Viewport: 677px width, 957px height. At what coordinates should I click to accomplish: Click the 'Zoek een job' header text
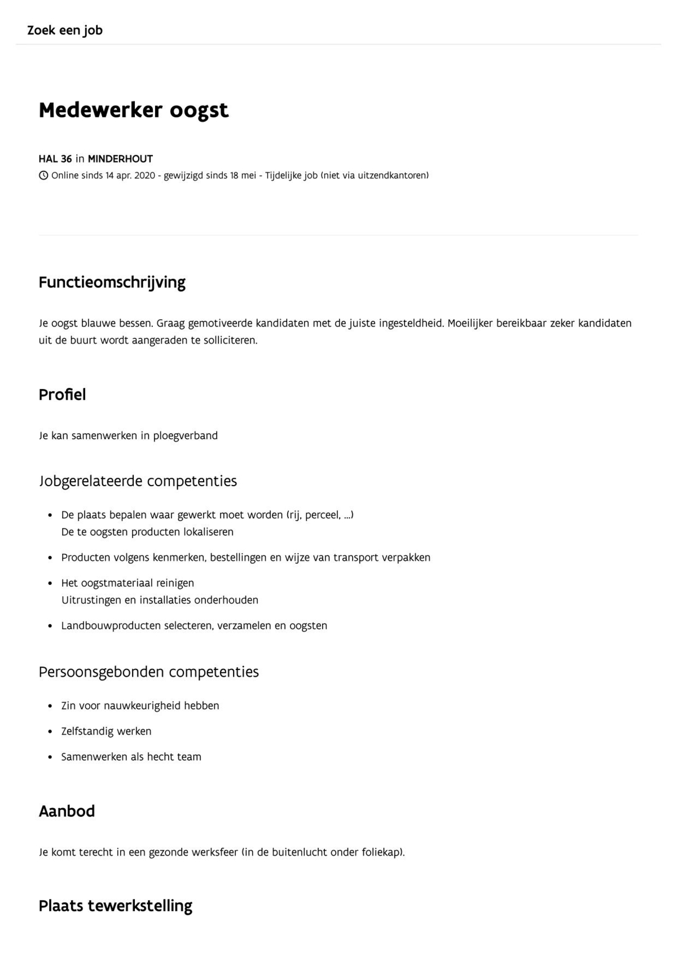click(65, 30)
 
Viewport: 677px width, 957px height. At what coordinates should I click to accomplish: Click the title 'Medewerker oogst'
click(134, 110)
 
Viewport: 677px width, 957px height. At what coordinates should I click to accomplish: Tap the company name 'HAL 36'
click(55, 159)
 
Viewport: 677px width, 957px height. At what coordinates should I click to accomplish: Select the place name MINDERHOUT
click(120, 159)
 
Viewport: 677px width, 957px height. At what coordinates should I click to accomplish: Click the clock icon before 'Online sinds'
click(43, 175)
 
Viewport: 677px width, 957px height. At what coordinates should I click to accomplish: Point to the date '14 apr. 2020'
click(130, 175)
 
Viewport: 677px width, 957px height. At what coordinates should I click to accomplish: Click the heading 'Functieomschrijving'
click(112, 282)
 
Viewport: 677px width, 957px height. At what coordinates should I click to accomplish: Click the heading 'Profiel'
click(62, 395)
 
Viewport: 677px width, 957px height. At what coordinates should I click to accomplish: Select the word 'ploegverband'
click(185, 436)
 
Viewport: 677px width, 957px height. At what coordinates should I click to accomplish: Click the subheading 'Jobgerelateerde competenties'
click(138, 481)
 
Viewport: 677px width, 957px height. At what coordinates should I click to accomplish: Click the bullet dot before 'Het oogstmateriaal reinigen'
click(50, 584)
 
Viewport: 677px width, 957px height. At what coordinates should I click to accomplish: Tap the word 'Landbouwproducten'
click(111, 626)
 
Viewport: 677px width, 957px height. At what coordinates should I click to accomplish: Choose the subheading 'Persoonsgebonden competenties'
click(148, 672)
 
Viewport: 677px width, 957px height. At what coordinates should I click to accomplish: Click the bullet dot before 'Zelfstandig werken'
click(50, 732)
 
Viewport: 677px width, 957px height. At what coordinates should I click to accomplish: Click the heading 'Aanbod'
click(67, 812)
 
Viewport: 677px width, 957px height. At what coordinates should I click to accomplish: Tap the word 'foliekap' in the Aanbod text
click(381, 853)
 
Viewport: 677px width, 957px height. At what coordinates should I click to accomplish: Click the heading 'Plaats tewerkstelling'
click(115, 906)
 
